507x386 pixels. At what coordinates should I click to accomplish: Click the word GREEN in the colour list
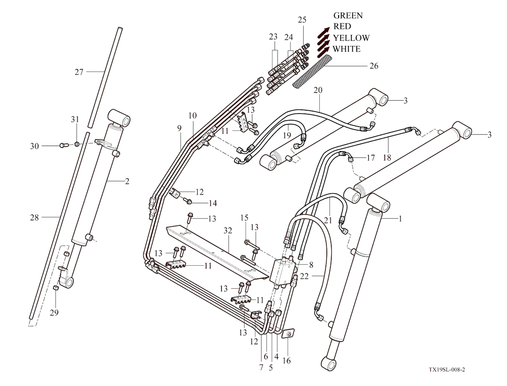point(348,16)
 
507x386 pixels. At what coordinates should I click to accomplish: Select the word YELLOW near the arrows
point(351,38)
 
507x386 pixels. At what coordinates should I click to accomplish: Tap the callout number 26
point(373,66)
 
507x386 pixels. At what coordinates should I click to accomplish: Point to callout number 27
point(79,72)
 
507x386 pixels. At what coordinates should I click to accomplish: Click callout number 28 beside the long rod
point(35,217)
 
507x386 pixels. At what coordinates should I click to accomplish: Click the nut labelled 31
point(77,144)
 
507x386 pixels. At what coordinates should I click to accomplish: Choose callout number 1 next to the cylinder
point(400,218)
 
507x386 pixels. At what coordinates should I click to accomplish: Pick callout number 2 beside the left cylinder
point(127,182)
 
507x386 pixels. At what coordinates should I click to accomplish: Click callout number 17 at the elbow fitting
point(370,157)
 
